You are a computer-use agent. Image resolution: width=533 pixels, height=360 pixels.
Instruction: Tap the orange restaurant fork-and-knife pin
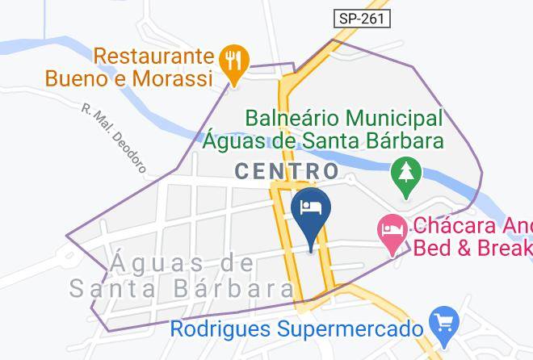click(234, 61)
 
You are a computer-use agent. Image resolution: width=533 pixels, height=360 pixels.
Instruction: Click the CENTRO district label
click(287, 171)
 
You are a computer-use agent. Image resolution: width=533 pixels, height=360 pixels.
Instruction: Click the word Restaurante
click(154, 57)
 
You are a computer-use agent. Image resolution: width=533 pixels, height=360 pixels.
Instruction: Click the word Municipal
click(396, 119)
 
